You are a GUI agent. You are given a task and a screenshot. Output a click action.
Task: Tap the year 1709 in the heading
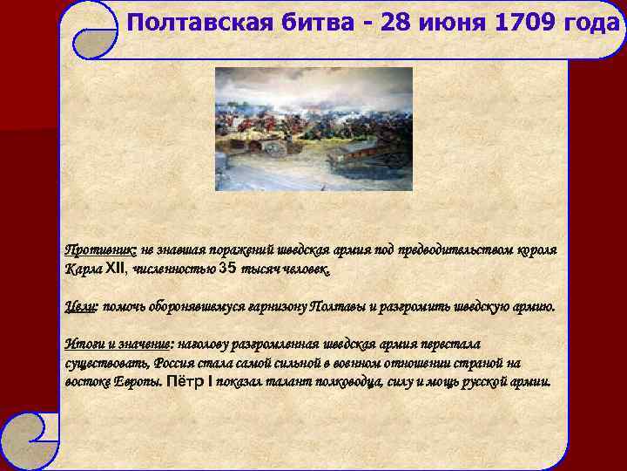pos(526,22)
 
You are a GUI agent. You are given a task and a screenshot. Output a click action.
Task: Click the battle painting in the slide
pos(313,129)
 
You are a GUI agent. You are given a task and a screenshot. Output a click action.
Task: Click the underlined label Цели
pos(81,307)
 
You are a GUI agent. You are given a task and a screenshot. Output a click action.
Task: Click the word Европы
pos(133,382)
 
